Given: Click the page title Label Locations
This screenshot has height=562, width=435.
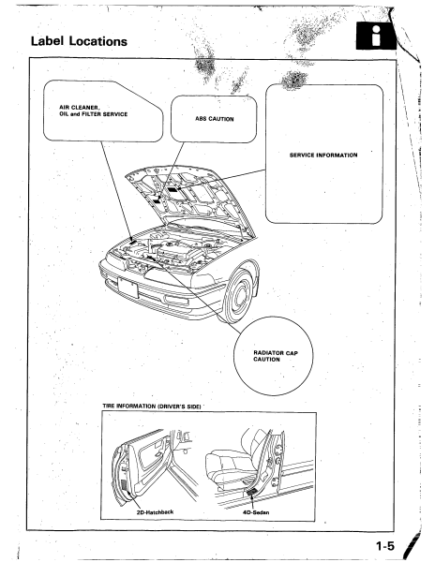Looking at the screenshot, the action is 79,41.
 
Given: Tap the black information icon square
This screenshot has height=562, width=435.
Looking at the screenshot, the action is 376,36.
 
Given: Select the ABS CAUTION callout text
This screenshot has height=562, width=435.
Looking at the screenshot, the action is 214,119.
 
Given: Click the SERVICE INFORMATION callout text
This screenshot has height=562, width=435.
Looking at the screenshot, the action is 323,155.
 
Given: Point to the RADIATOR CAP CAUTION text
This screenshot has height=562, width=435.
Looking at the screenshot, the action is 276,356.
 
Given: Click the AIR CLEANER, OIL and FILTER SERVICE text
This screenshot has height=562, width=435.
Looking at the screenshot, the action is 93,111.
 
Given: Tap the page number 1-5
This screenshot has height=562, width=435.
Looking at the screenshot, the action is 384,546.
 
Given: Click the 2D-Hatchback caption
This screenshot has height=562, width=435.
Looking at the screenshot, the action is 155,511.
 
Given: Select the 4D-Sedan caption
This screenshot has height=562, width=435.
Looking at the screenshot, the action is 256,512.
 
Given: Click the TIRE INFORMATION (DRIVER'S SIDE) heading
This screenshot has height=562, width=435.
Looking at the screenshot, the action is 151,407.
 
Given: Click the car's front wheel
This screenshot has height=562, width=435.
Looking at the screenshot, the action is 237,296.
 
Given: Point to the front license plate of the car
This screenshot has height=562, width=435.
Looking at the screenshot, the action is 128,288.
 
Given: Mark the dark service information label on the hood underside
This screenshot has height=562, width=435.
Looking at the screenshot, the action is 173,189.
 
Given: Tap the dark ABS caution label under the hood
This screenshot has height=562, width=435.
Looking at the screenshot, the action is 157,201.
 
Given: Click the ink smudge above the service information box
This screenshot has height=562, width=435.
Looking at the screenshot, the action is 294,80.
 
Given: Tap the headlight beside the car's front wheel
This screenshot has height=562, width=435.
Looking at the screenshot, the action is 202,281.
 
